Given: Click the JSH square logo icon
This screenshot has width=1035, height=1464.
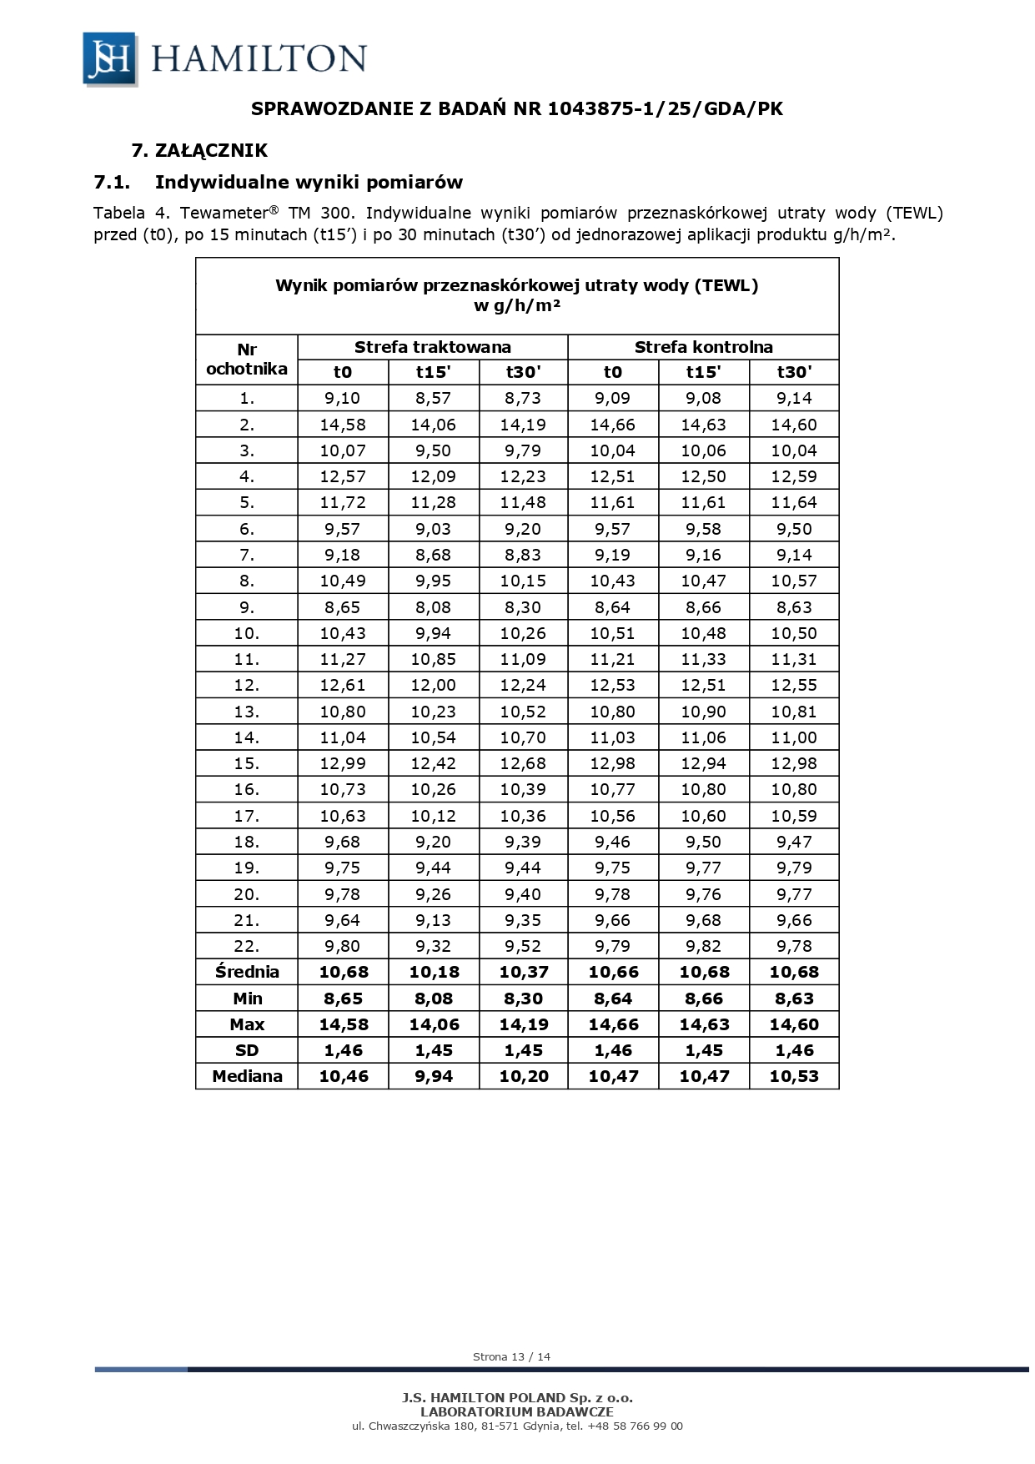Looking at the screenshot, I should [x=109, y=58].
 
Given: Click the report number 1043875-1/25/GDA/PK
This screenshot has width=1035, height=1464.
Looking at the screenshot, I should [x=665, y=108].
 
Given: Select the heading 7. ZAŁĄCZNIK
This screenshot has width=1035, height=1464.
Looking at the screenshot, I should [x=199, y=150].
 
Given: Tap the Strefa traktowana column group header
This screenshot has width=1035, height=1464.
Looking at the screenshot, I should [x=432, y=347].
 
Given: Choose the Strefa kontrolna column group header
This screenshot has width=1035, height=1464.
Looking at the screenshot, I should [x=703, y=347].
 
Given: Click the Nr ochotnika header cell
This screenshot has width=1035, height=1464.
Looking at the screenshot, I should [x=247, y=359].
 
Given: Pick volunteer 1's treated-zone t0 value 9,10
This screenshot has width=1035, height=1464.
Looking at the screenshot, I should [x=342, y=398].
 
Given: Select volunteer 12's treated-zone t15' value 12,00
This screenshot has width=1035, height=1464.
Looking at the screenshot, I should [x=433, y=685].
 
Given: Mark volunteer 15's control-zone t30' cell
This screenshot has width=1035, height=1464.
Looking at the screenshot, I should [x=794, y=763].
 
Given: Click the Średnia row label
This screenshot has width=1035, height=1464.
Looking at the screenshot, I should [x=247, y=972].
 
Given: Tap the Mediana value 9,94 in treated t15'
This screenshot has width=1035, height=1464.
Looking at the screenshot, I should [x=433, y=1076].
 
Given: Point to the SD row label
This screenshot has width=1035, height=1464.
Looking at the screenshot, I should [x=247, y=1050].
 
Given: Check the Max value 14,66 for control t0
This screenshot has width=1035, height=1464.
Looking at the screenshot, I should [x=613, y=1024].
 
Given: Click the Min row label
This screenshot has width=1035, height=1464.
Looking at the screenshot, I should [x=247, y=999].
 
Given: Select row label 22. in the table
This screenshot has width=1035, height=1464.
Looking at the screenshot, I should [x=247, y=946].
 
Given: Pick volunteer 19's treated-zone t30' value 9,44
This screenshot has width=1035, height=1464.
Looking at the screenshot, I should [x=523, y=868].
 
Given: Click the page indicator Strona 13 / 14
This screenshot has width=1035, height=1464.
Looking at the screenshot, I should [x=511, y=1356].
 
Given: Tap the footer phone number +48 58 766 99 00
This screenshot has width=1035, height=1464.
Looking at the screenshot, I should [x=636, y=1426].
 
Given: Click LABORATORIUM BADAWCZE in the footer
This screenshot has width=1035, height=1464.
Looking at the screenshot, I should [x=517, y=1412].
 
